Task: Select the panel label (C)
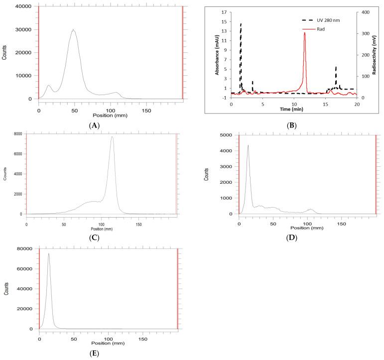click(94, 238)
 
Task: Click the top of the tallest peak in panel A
click(73, 30)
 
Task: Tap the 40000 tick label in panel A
click(23, 7)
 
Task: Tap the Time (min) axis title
click(293, 108)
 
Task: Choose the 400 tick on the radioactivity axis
click(366, 12)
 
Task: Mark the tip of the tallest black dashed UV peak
click(241, 23)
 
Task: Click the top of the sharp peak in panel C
click(112, 137)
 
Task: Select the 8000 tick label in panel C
click(17, 133)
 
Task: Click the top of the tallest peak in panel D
click(248, 145)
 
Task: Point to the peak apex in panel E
click(48, 253)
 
